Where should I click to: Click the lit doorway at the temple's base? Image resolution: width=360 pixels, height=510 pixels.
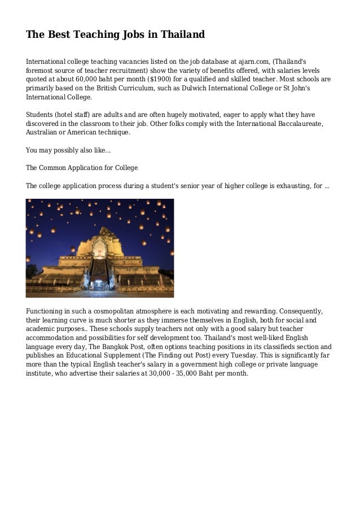pyautogui.click(x=99, y=280)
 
